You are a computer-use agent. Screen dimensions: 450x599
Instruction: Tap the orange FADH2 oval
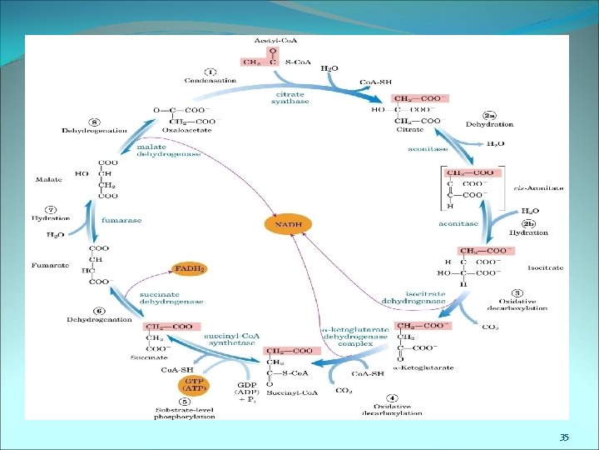pos(189,267)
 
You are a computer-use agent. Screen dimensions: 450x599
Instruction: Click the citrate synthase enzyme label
pos(290,98)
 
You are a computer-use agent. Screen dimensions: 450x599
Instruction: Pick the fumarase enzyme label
pos(121,220)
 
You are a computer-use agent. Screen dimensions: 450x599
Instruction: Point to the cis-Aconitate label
pos(543,188)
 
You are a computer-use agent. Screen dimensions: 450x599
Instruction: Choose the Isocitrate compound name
pos(545,268)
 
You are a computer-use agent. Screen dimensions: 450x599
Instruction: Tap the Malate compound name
pos(48,179)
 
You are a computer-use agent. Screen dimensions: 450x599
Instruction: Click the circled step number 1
pos(211,71)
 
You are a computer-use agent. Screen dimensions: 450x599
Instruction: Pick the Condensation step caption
pos(209,81)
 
